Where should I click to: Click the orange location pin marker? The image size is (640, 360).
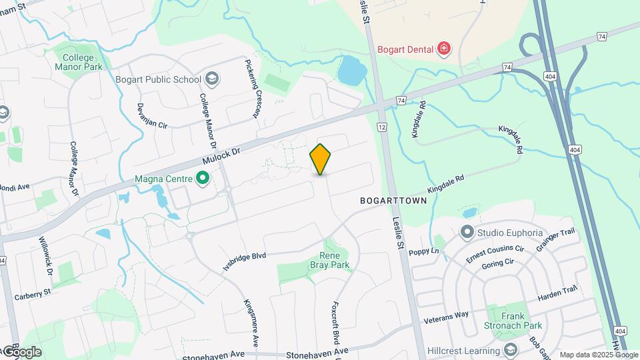tap(321, 159)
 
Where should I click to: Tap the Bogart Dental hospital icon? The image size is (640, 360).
tap(443, 49)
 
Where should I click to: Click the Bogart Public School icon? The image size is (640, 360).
tap(212, 79)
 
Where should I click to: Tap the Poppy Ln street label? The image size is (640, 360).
tap(425, 251)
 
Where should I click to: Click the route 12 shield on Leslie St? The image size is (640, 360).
tap(381, 127)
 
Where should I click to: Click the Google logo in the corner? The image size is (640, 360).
tap(21, 351)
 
